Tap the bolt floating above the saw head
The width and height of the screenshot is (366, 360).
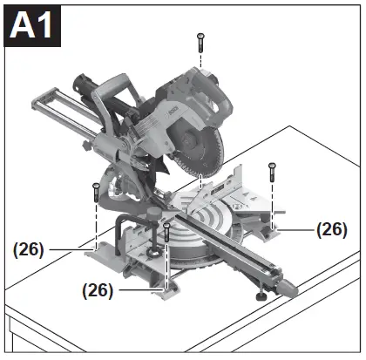tap(201, 39)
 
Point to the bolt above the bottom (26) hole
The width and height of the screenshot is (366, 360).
tap(166, 233)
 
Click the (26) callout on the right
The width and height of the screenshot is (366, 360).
tap(331, 229)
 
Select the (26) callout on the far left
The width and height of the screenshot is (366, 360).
tap(29, 248)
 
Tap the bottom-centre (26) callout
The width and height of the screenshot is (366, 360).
tap(98, 290)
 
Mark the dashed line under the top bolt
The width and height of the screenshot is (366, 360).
tap(201, 70)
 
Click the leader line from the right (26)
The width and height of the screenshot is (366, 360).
tap(296, 229)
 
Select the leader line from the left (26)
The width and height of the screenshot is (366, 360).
tap(70, 248)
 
